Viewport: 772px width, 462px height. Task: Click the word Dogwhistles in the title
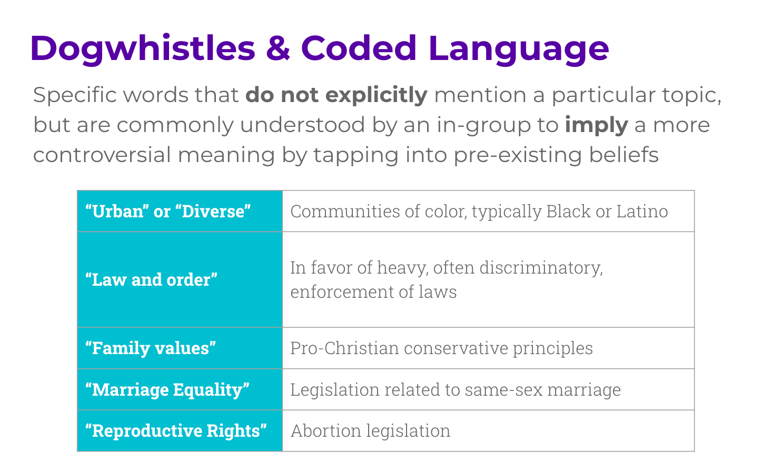pyautogui.click(x=143, y=48)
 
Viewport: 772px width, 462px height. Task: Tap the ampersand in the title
pyautogui.click(x=278, y=48)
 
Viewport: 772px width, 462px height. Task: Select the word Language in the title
pyautogui.click(x=519, y=49)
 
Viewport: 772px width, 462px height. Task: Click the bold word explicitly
pyautogui.click(x=377, y=95)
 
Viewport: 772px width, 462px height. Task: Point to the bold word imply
pyautogui.click(x=596, y=125)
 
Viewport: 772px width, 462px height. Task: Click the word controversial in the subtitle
pyautogui.click(x=102, y=155)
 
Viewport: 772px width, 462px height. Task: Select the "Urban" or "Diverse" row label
pyautogui.click(x=168, y=211)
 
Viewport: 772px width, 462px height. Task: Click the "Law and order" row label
pyautogui.click(x=151, y=279)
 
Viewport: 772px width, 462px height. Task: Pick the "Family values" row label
pyautogui.click(x=150, y=348)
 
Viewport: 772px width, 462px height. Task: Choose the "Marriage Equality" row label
pyautogui.click(x=167, y=389)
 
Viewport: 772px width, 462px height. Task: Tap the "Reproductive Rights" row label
pyautogui.click(x=176, y=430)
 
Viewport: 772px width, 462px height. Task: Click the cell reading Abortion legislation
pyautogui.click(x=371, y=430)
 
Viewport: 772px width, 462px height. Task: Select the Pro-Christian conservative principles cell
pyautogui.click(x=441, y=348)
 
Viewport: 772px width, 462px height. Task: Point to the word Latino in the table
pyautogui.click(x=642, y=211)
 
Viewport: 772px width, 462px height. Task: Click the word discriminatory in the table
pyautogui.click(x=541, y=268)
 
